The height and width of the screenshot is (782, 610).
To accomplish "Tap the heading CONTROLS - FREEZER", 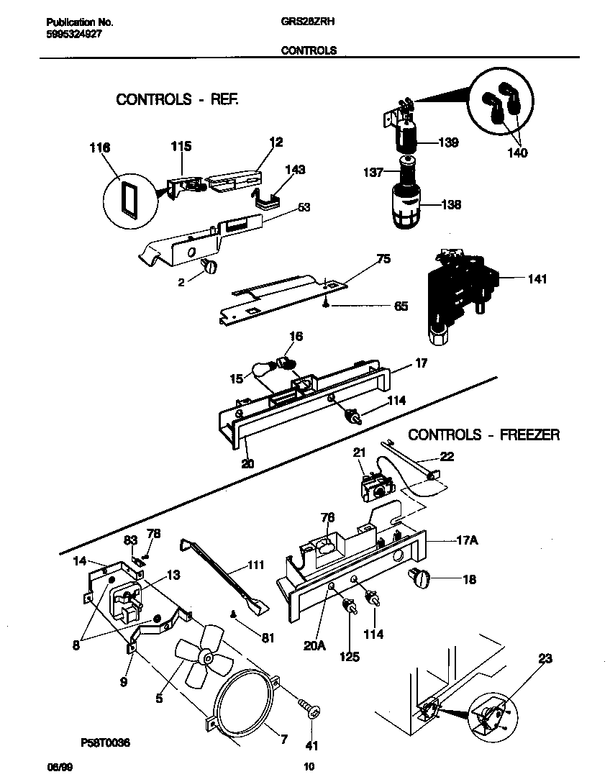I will (483, 435).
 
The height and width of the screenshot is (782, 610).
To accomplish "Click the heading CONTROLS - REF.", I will (177, 99).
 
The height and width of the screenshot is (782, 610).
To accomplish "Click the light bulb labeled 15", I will (264, 370).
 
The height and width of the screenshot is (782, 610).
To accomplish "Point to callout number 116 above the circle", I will (99, 147).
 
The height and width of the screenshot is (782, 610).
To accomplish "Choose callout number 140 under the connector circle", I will (517, 153).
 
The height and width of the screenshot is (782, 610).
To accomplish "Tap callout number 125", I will (350, 657).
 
